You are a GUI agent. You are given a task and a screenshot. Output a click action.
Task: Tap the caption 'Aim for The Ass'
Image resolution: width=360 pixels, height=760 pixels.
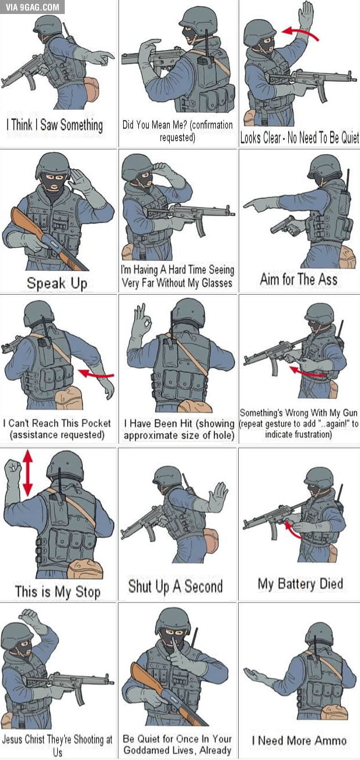click(299, 279)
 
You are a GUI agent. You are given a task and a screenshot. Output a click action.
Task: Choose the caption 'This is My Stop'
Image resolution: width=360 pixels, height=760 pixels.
click(57, 591)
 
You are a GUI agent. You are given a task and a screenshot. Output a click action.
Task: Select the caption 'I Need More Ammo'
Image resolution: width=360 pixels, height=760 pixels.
click(299, 740)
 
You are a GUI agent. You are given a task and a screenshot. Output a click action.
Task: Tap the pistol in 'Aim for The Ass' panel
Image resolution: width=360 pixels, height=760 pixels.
click(284, 224)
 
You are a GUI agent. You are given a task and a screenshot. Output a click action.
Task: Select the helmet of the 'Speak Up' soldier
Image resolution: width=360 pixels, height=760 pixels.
click(53, 165)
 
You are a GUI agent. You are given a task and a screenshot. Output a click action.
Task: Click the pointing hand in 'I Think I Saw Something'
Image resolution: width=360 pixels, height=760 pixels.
click(104, 57)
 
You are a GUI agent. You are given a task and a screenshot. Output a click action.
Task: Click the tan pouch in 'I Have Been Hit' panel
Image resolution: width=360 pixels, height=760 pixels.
click(195, 406)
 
